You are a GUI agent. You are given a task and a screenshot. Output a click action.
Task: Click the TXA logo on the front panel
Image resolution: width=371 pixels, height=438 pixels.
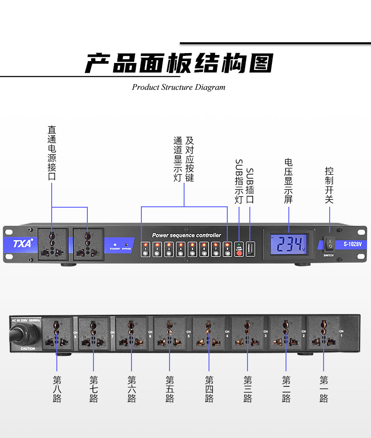(23, 243)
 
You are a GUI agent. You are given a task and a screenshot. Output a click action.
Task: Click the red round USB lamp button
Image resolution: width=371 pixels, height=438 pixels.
(239, 253)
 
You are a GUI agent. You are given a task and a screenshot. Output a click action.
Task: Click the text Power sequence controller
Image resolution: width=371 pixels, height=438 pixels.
(186, 235)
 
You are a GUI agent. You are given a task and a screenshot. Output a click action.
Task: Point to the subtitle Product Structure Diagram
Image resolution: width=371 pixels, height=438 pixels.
(178, 87)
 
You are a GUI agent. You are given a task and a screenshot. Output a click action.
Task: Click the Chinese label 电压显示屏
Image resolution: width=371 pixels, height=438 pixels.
(288, 181)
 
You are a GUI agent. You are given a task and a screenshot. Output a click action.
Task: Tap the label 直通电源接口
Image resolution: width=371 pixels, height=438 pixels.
(52, 153)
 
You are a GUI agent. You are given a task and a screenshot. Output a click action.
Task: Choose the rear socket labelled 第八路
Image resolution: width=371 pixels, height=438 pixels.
(57, 334)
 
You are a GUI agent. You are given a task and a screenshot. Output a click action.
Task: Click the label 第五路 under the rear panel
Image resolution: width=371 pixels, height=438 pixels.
(170, 389)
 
